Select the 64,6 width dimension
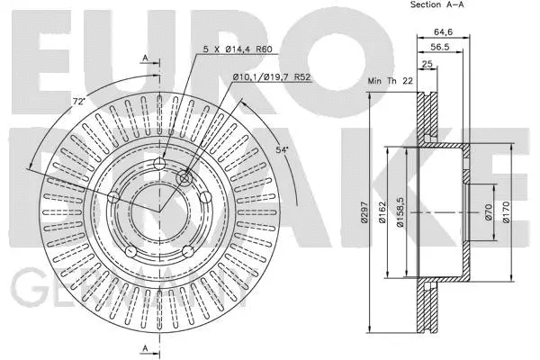click(x=442, y=32)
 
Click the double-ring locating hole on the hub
click(x=187, y=178)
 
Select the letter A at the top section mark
click(x=145, y=59)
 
